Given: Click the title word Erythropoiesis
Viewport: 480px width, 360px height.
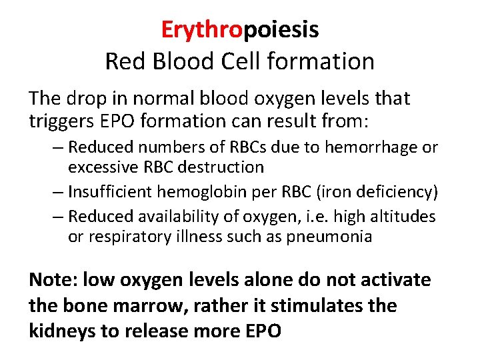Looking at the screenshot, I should pyautogui.click(x=240, y=29).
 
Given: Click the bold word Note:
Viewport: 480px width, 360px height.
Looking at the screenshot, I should pyautogui.click(x=53, y=279).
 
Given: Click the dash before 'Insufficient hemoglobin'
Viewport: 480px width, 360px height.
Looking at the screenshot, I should pyautogui.click(x=58, y=193).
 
